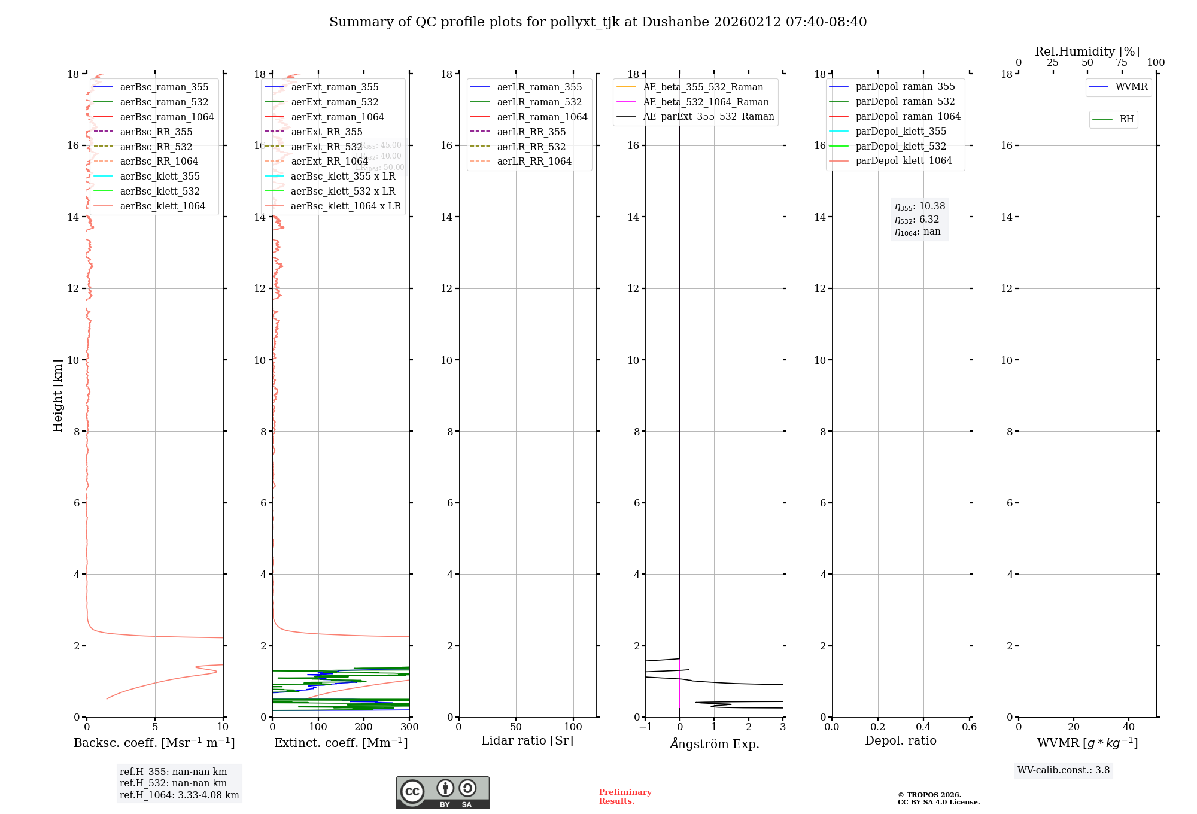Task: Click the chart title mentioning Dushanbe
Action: (x=598, y=22)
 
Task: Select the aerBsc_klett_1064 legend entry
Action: (x=162, y=206)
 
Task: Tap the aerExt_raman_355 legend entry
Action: (x=335, y=87)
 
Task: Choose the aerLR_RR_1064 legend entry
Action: (x=534, y=161)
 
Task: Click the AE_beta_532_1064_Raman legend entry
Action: (x=706, y=102)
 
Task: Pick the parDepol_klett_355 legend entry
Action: (x=901, y=131)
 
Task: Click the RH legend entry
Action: (x=1126, y=119)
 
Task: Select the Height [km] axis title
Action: (x=57, y=396)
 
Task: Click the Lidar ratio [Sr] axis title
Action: (x=527, y=740)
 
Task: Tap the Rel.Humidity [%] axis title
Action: (x=1087, y=51)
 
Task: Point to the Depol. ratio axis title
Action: (x=900, y=740)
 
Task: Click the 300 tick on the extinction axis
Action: (x=409, y=727)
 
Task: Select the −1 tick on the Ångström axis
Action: (x=645, y=727)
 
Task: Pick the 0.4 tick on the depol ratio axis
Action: (x=923, y=727)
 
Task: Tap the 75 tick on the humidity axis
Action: (x=1122, y=63)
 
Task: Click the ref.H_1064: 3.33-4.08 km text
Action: (x=179, y=795)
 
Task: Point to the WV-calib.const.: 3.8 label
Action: (x=1063, y=770)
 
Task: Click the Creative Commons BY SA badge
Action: (x=442, y=793)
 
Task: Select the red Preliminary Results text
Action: (x=625, y=797)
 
